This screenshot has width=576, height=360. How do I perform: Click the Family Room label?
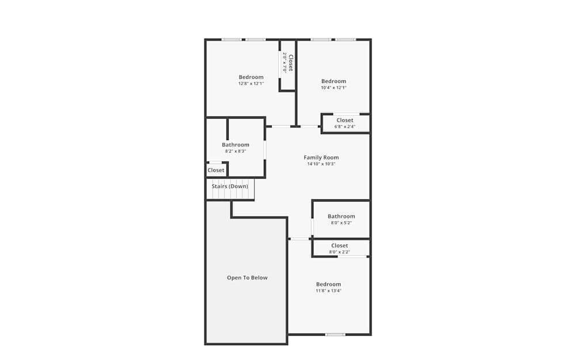pyautogui.click(x=321, y=157)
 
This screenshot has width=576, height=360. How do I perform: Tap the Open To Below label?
pyautogui.click(x=247, y=278)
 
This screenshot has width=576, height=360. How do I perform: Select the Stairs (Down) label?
pyautogui.click(x=230, y=186)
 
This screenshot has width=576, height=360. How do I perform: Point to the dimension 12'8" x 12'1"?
pyautogui.click(x=251, y=84)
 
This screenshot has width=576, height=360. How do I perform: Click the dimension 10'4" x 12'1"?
pyautogui.click(x=334, y=88)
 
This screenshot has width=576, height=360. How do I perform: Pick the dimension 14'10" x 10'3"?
pyautogui.click(x=321, y=164)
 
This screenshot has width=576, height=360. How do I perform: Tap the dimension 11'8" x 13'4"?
pyautogui.click(x=328, y=291)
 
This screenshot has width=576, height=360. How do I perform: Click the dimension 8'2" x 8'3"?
pyautogui.click(x=236, y=151)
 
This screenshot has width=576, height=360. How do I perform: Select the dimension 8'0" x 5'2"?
pyautogui.click(x=342, y=223)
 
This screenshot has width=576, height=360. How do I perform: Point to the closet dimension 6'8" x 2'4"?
pyautogui.click(x=345, y=127)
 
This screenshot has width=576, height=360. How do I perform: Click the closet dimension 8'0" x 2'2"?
pyautogui.click(x=340, y=252)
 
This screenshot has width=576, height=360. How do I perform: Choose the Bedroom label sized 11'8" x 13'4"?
pyautogui.click(x=328, y=284)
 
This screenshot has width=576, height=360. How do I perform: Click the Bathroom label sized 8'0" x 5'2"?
pyautogui.click(x=342, y=217)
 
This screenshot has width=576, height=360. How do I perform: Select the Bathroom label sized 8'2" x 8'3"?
pyautogui.click(x=236, y=145)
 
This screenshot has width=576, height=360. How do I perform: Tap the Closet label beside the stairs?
pyautogui.click(x=216, y=170)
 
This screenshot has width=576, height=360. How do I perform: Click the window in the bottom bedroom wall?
pyautogui.click(x=335, y=334)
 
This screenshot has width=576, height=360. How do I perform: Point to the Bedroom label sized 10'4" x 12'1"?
pyautogui.click(x=334, y=81)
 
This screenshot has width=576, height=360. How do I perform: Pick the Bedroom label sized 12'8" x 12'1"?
pyautogui.click(x=251, y=77)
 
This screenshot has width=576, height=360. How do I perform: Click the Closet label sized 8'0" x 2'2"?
pyautogui.click(x=340, y=245)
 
